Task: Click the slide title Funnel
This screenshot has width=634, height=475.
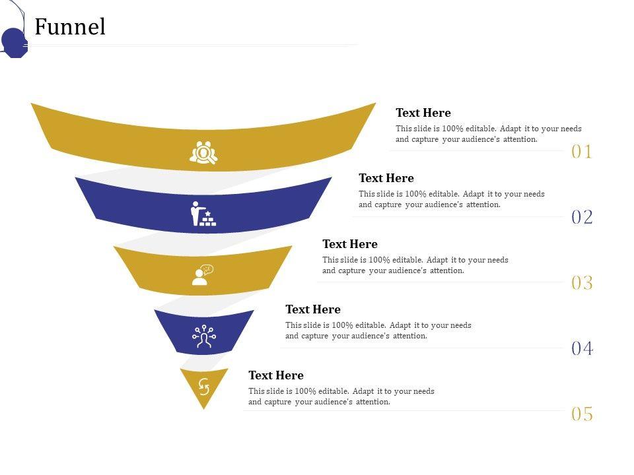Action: [70, 27]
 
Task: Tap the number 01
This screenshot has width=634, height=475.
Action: [582, 152]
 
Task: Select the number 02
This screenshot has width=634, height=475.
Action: [582, 217]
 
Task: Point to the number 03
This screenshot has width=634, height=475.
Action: [582, 283]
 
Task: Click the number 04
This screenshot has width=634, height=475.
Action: [582, 348]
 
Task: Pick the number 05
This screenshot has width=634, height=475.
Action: [582, 414]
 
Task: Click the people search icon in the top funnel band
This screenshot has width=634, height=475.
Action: [203, 152]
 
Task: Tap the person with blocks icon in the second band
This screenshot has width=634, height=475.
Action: [203, 214]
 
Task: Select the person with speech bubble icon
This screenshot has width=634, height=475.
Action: [203, 274]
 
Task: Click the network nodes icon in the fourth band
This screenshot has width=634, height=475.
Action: [204, 336]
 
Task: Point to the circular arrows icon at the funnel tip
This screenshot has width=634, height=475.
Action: [204, 385]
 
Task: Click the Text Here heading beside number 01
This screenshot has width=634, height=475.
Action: [423, 113]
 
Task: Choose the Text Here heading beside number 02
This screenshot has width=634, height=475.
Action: [386, 178]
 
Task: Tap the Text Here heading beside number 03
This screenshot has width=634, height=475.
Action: [350, 244]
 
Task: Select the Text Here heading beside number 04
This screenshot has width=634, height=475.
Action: [313, 309]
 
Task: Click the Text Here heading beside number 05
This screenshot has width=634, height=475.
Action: [276, 375]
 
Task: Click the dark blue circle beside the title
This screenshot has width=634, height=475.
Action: [14, 42]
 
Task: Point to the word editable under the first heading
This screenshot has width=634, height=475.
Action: [481, 129]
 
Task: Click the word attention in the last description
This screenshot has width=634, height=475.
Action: [373, 402]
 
